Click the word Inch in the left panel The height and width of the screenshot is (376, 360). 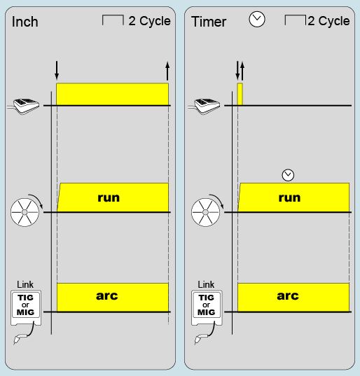25,22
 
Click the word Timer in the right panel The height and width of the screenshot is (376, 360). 209,22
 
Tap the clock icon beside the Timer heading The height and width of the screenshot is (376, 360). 257,20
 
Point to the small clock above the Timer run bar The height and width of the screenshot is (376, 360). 288,175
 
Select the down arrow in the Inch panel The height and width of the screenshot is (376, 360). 57,70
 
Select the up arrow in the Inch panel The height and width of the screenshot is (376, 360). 167,71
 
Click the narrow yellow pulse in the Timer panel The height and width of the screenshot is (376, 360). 240,94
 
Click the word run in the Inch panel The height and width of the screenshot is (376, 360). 109,198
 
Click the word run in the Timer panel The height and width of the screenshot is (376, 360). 289,198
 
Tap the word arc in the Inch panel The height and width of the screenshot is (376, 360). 107,295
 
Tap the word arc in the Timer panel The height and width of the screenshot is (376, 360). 288,295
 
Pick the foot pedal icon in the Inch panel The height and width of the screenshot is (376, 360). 23,106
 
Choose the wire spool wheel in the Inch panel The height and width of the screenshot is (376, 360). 25,212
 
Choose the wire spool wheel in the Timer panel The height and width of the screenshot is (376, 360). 205,212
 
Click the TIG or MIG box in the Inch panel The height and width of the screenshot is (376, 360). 26,308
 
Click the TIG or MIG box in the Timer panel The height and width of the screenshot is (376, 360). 207,308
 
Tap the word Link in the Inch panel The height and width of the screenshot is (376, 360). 25,285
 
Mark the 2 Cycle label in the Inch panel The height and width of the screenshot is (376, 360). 149,21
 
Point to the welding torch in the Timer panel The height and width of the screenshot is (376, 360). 199,339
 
